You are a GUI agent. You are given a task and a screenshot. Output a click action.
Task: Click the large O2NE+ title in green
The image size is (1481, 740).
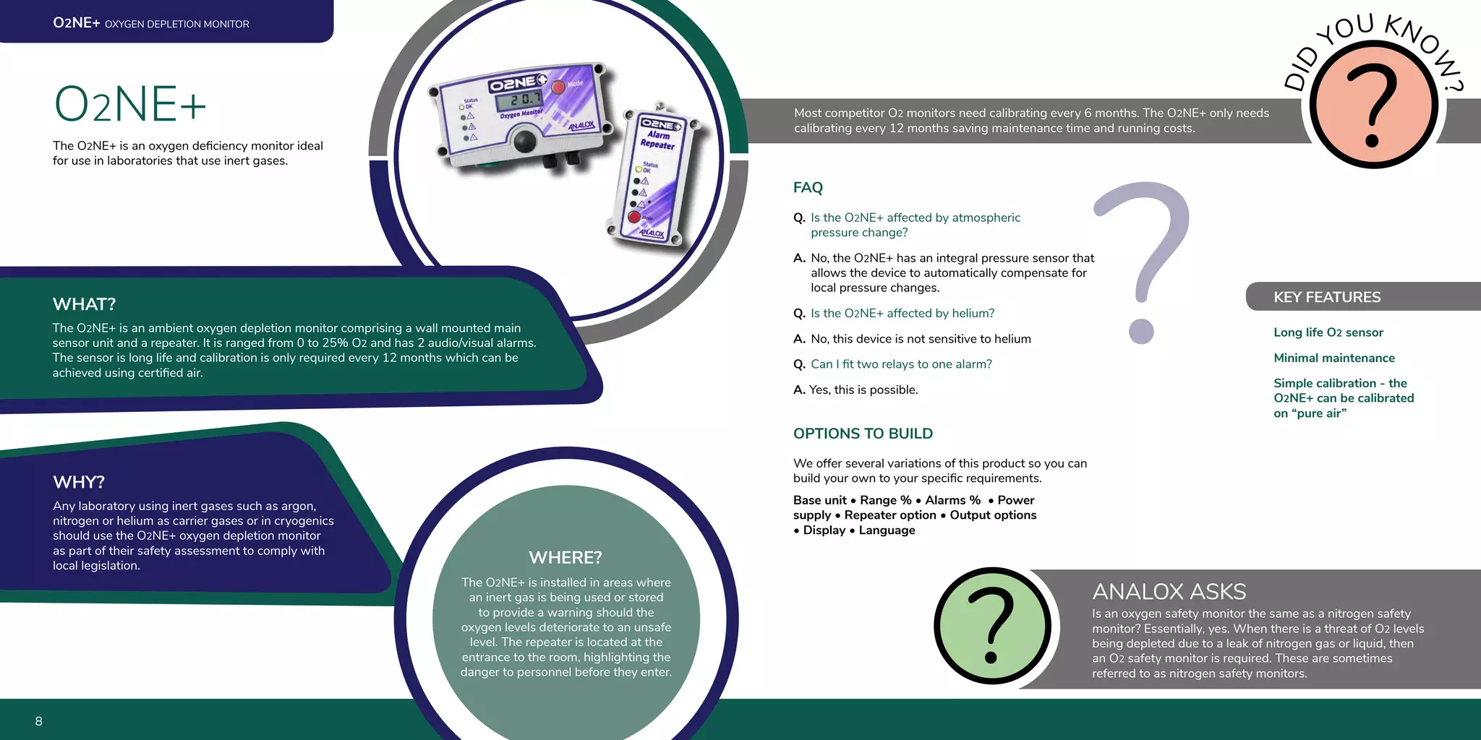130,104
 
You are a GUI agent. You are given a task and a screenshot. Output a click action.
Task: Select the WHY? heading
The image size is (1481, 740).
79,482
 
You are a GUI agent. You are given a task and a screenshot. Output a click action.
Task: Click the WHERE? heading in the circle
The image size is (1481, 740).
565,558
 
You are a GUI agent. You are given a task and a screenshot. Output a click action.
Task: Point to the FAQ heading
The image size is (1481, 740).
808,188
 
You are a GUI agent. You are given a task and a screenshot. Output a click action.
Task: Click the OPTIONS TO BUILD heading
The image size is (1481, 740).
863,434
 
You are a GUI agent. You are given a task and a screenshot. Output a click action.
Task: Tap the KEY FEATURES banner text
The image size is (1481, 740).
1326,297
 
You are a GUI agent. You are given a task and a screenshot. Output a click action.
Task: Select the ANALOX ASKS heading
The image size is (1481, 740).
1169,592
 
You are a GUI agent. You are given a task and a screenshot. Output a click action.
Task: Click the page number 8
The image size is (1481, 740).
39,721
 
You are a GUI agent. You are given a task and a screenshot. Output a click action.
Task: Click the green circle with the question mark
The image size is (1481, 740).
992,626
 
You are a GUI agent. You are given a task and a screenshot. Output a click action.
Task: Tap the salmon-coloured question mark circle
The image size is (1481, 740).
1373,105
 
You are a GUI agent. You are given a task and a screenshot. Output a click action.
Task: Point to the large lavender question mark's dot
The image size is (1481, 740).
1141,332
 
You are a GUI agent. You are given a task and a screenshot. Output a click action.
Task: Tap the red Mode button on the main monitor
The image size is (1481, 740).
558,87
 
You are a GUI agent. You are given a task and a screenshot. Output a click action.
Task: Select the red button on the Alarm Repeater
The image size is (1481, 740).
633,217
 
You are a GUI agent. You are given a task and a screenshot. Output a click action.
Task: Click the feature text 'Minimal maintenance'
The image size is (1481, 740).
1333,358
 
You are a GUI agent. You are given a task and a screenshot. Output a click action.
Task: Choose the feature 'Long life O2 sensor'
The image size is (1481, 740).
1328,332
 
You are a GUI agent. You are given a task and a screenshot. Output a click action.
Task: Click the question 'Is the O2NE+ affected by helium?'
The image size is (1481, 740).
902,313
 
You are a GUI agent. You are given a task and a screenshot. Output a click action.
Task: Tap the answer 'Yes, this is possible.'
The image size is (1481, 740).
863,390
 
